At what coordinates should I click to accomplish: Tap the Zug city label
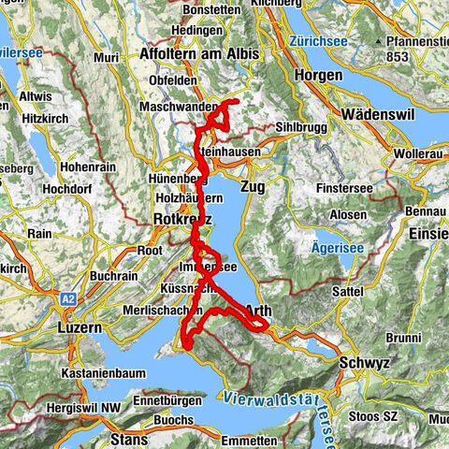pyautogui.click(x=253, y=187)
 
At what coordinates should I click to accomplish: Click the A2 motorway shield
pyautogui.click(x=67, y=297)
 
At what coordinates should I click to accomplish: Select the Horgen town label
pyautogui.click(x=315, y=74)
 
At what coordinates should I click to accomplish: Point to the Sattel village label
pyautogui.click(x=347, y=292)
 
